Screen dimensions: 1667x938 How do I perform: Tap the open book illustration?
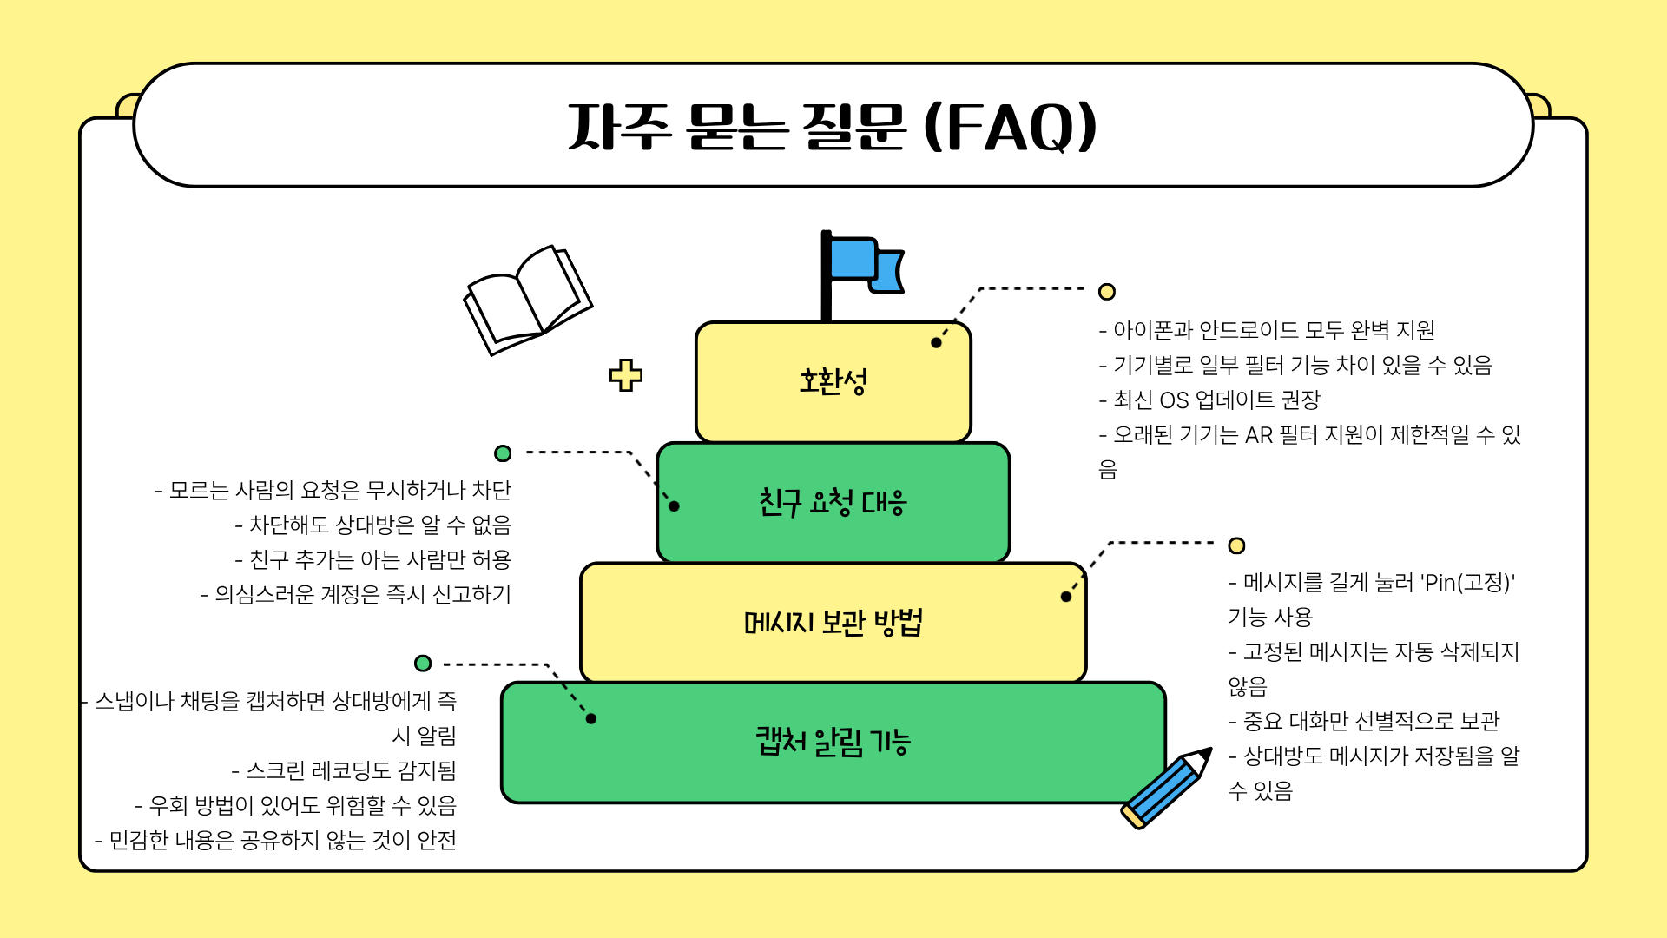pyautogui.click(x=528, y=300)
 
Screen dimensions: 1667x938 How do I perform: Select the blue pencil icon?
pyautogui.click(x=1166, y=788)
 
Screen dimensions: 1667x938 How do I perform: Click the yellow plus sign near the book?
pyautogui.click(x=625, y=375)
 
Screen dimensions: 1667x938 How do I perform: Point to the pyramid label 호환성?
pyautogui.click(x=833, y=381)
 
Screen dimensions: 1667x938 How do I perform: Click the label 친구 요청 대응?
pyautogui.click(x=833, y=502)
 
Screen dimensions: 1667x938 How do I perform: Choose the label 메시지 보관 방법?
pyautogui.click(x=833, y=622)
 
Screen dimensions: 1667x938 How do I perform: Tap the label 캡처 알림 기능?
pyautogui.click(x=833, y=742)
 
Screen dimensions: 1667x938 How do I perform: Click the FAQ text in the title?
pyautogui.click(x=1011, y=128)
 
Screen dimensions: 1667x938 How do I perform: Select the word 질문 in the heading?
pyautogui.click(x=855, y=127)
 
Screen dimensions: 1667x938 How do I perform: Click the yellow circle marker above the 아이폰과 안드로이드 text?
pyautogui.click(x=1106, y=292)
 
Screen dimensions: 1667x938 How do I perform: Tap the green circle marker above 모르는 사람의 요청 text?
pyautogui.click(x=503, y=453)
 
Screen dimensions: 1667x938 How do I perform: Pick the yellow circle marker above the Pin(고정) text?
pyautogui.click(x=1236, y=545)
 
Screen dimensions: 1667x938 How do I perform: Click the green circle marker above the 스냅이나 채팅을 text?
pyautogui.click(x=423, y=664)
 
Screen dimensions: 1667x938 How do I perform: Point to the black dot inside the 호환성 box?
pyautogui.click(x=936, y=343)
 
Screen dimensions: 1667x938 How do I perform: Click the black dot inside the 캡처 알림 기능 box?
pyautogui.click(x=591, y=718)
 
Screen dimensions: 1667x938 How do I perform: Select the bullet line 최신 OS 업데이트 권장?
pyautogui.click(x=1209, y=400)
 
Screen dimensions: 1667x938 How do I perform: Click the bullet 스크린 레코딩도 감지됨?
pyautogui.click(x=344, y=770)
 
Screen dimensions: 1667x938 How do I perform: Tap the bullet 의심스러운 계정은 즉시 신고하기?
pyautogui.click(x=356, y=594)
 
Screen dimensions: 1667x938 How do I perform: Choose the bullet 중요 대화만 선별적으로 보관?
pyautogui.click(x=1364, y=721)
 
